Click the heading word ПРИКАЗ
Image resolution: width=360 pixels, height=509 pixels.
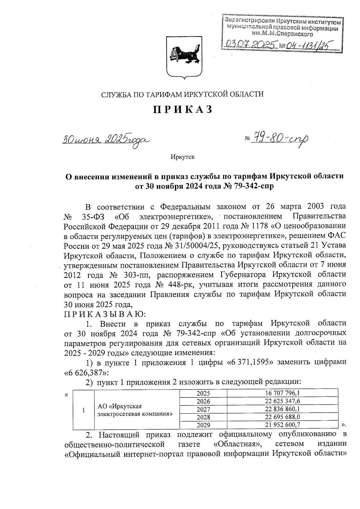point(183,110)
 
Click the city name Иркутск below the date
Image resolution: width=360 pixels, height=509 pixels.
point(182,157)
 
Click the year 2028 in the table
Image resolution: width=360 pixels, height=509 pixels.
point(203,417)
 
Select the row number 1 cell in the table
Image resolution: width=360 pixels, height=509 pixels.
point(84,410)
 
